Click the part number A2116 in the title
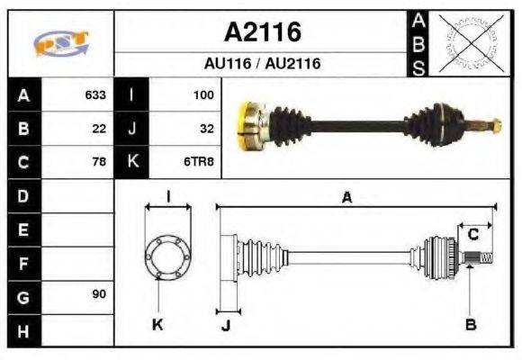click(x=261, y=32)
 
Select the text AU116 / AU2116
click(x=261, y=65)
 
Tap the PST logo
click(x=61, y=43)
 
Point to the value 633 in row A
click(x=95, y=94)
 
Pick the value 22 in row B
click(x=99, y=129)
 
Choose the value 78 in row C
click(x=99, y=162)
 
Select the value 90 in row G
click(x=99, y=294)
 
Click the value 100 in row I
click(x=202, y=94)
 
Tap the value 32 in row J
click(x=206, y=129)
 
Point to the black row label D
click(x=23, y=195)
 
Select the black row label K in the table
click(x=131, y=162)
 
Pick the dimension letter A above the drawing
click(x=346, y=198)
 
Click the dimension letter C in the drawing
click(x=472, y=236)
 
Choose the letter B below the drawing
click(x=471, y=324)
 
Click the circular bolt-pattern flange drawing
click(x=167, y=256)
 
